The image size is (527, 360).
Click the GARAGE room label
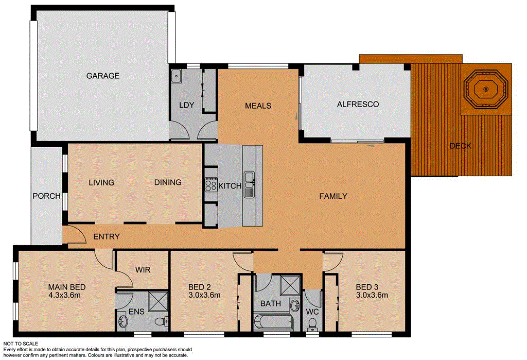point(102,76)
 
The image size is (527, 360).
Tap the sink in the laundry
point(176,76)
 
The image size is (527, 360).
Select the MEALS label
point(257,106)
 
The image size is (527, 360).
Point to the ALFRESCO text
point(357,104)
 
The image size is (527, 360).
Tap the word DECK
point(460,146)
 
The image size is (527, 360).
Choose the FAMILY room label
point(333,196)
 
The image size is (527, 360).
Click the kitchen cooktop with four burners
point(211,184)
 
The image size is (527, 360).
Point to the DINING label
point(168,182)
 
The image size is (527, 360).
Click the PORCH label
point(47,196)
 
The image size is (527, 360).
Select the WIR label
point(142,269)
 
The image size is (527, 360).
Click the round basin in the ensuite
point(122,322)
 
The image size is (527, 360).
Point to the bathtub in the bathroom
point(274,322)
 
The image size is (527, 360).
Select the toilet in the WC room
point(312,324)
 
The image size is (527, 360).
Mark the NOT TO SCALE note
point(21,343)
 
